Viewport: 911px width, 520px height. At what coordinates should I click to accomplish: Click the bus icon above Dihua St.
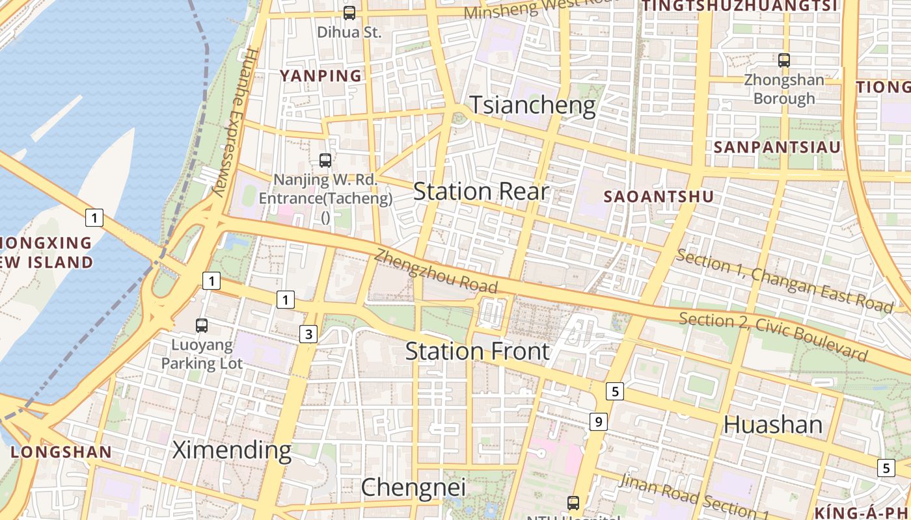click(x=349, y=12)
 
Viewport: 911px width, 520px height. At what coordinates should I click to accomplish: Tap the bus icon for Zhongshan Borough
click(x=784, y=60)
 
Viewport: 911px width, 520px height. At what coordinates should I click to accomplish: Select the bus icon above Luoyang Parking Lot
click(x=202, y=326)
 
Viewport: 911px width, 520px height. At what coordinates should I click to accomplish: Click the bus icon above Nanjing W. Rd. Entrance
click(x=325, y=160)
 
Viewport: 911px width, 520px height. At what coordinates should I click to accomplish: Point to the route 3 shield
click(x=308, y=335)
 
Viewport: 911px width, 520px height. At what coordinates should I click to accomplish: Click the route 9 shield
click(x=599, y=421)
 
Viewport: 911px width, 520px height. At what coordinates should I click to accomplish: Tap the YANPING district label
click(x=321, y=76)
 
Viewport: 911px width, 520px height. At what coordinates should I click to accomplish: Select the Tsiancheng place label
click(x=532, y=105)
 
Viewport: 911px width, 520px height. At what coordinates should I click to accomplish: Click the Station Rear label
click(x=482, y=192)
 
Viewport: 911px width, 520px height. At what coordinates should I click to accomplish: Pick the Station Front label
click(x=478, y=352)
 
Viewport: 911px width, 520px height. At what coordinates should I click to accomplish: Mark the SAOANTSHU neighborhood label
click(x=659, y=196)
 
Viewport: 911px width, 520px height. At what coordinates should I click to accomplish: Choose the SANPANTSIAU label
click(x=777, y=148)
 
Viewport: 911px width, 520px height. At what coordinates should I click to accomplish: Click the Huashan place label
click(x=773, y=425)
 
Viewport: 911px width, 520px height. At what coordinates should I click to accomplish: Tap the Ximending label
click(x=232, y=450)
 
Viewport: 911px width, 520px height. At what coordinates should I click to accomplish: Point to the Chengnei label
click(x=413, y=487)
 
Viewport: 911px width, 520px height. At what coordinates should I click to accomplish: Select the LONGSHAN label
click(x=61, y=452)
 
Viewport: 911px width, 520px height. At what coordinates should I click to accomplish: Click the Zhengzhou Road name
click(x=436, y=272)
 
